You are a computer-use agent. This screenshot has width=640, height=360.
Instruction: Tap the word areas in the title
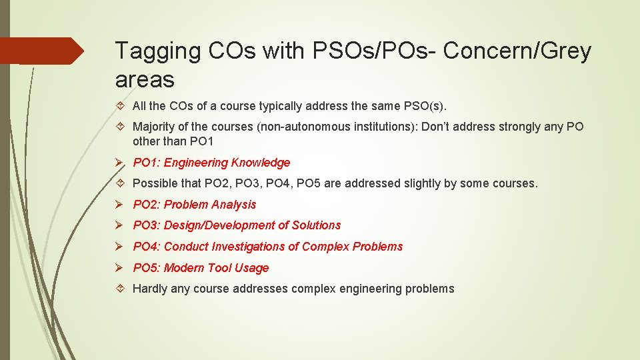click(145, 79)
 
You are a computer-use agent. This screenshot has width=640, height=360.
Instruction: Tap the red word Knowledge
click(260, 163)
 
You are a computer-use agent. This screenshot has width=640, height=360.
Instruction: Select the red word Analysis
click(233, 205)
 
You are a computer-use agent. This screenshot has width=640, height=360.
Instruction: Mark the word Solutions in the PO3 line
click(318, 225)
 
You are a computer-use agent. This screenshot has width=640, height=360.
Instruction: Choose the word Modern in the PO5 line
click(184, 268)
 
